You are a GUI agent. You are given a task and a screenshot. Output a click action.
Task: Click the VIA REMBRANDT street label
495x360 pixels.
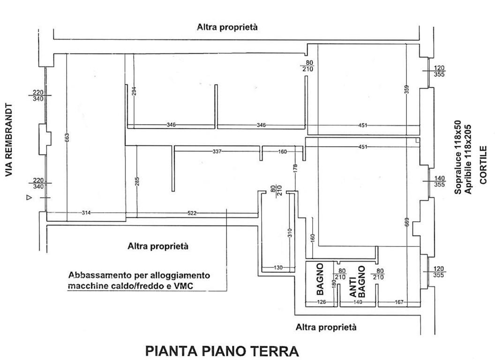(x=8, y=140)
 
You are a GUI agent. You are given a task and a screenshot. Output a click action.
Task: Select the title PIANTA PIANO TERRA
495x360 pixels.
(x=222, y=351)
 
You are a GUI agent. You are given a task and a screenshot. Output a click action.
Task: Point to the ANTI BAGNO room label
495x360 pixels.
(x=357, y=282)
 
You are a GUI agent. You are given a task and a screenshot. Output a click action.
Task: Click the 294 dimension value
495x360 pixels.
(x=134, y=92)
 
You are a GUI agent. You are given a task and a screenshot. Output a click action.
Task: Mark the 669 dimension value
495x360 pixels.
(x=406, y=221)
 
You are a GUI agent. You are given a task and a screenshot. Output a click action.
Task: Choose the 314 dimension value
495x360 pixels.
(x=86, y=213)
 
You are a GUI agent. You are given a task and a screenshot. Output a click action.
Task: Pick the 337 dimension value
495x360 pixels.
(x=217, y=151)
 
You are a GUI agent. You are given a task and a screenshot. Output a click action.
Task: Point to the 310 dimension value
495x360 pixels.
(x=290, y=232)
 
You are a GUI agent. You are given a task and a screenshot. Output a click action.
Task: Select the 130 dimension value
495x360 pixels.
(x=277, y=268)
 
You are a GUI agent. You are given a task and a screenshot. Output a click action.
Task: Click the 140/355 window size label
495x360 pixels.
(x=439, y=181)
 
